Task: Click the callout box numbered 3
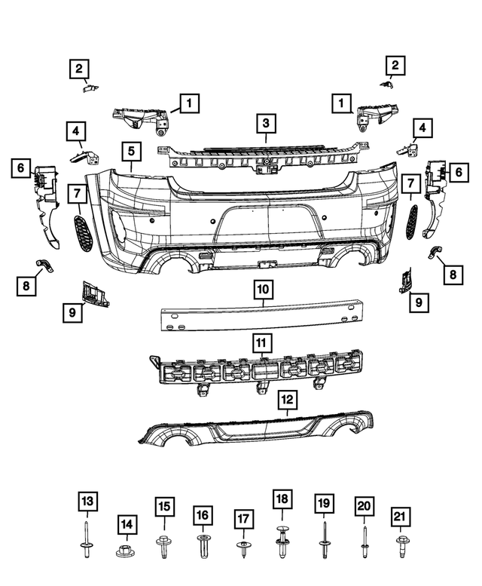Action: pos(266,121)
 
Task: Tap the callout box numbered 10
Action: pos(263,288)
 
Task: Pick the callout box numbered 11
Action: pos(261,343)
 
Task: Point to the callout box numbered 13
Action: pos(87,501)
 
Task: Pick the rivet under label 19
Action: pos(323,541)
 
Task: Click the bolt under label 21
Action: pos(399,543)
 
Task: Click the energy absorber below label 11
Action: pos(256,371)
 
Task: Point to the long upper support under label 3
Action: pos(256,154)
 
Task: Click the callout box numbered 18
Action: pos(282,500)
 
